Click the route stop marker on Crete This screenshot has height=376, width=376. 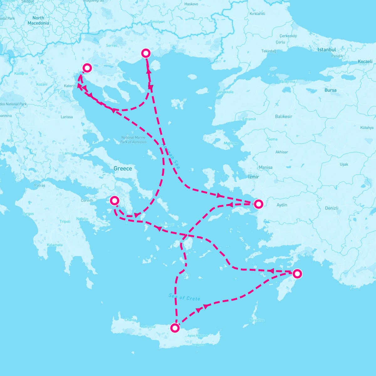click(x=175, y=328)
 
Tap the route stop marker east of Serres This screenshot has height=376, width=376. click(x=146, y=53)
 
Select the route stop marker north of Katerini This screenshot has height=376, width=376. click(x=87, y=68)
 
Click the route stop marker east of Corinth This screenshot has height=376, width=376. click(x=115, y=201)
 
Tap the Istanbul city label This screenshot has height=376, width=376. click(x=326, y=50)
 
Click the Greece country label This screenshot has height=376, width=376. click(x=123, y=169)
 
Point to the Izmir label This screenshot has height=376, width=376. click(x=253, y=177)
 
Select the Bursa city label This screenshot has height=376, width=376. click(x=330, y=90)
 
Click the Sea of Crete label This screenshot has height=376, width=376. click(x=184, y=297)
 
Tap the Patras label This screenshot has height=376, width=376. click(x=40, y=185)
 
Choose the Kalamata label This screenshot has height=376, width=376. click(x=55, y=245)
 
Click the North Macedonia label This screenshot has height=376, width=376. click(x=38, y=20)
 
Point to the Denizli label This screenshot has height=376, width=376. click(x=332, y=208)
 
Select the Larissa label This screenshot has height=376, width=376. click(x=66, y=117)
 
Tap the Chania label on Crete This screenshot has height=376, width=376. click(x=130, y=320)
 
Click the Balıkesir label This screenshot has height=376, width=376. click(x=283, y=116)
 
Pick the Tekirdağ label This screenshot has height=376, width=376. click(x=269, y=51)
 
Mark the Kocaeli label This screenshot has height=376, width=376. click(x=365, y=61)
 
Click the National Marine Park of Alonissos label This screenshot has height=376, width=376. click(x=133, y=140)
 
